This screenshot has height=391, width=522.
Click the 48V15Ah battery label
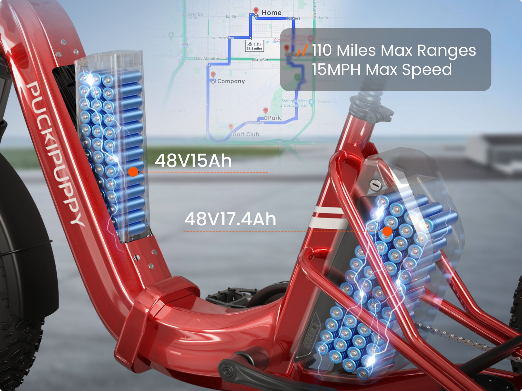point(193,161)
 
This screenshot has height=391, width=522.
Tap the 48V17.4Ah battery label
point(230,219)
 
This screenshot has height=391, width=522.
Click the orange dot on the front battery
point(133,172)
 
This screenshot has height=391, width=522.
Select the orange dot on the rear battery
point(387,231)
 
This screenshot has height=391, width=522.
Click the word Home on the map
point(271,13)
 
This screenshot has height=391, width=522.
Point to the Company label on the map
point(231,81)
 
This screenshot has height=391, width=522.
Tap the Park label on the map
point(274,118)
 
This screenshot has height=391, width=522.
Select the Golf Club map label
point(246,135)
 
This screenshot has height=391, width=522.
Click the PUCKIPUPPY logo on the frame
point(55,154)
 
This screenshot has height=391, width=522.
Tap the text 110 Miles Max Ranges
point(394,50)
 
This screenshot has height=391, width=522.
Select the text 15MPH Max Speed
point(382,70)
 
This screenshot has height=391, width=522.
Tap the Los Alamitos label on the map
point(208,59)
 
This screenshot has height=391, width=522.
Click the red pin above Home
point(256,11)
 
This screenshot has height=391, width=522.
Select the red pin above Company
point(213,75)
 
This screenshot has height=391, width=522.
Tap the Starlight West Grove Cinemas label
point(294,103)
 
